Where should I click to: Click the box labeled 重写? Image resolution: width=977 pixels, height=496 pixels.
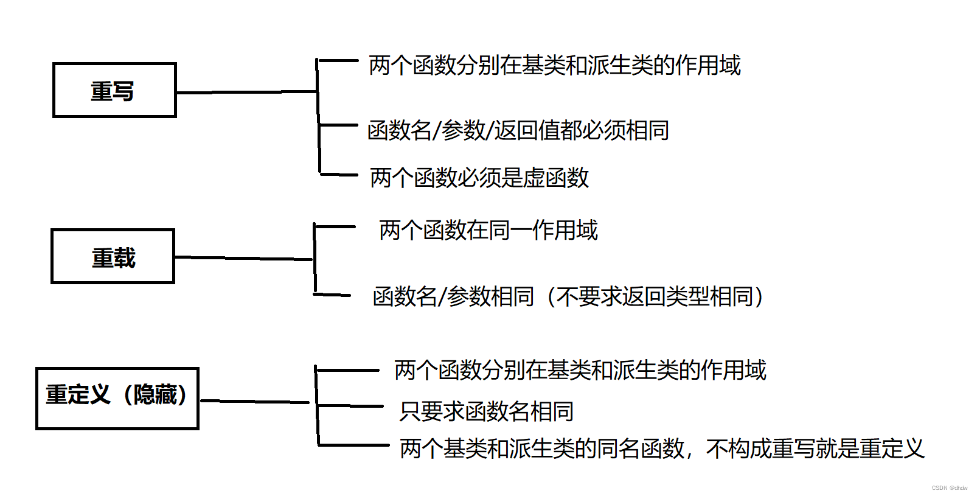point(114,90)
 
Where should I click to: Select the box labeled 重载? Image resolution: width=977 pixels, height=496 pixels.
point(113,256)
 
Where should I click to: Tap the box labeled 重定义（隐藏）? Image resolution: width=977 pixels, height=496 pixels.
point(117,398)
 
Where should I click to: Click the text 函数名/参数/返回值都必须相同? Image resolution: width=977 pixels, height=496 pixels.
point(518,130)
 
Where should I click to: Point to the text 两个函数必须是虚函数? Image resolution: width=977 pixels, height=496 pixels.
point(479,178)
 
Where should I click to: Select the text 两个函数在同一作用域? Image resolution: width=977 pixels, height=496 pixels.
point(488,230)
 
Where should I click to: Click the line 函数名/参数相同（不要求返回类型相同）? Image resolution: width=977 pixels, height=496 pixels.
point(568,296)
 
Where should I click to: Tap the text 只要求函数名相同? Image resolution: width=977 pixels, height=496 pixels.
point(487,411)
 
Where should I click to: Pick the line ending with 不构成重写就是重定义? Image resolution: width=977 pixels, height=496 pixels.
point(662,449)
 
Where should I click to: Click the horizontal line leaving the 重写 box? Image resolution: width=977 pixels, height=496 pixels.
point(246,93)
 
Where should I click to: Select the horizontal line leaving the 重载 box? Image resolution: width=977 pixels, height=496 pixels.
point(243,259)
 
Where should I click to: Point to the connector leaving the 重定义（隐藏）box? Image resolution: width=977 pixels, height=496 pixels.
point(254,402)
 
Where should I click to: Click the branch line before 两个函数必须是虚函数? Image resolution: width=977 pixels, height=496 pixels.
point(339,175)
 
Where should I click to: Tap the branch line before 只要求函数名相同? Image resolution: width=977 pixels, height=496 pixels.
point(350,406)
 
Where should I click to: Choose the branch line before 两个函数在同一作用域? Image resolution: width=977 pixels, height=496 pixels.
point(335,227)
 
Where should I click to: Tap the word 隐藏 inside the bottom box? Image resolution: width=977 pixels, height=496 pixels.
point(155,395)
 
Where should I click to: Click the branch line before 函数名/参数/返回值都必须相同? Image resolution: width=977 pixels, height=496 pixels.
point(338,125)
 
